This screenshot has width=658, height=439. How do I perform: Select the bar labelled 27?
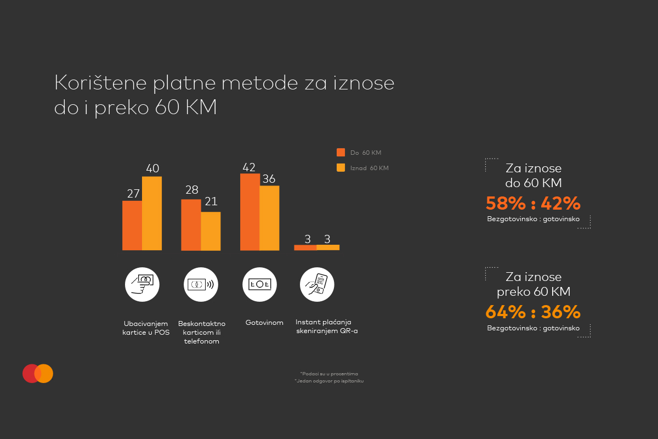pyautogui.click(x=132, y=225)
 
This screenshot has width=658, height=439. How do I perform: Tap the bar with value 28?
pyautogui.click(x=191, y=224)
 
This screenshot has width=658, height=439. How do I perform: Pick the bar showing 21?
pyautogui.click(x=211, y=231)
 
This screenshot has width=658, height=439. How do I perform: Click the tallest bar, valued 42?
pyautogui.click(x=249, y=212)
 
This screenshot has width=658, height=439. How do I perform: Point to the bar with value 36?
pyautogui.click(x=269, y=218)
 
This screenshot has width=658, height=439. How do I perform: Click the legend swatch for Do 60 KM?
pyautogui.click(x=341, y=152)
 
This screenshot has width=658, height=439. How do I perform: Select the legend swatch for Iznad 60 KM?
pyautogui.click(x=341, y=168)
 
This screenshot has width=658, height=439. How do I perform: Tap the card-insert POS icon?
pyautogui.click(x=142, y=284)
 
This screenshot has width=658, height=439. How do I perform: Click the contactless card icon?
pyautogui.click(x=201, y=284)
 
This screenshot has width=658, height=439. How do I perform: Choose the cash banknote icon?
pyautogui.click(x=259, y=284)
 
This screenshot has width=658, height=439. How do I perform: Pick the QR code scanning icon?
pyautogui.click(x=317, y=284)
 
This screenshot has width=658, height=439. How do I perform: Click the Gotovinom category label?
pyautogui.click(x=264, y=323)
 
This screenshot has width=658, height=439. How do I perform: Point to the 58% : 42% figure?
pyautogui.click(x=533, y=203)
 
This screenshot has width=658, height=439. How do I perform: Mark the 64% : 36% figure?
pyautogui.click(x=533, y=312)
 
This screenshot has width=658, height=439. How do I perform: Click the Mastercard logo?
pyautogui.click(x=38, y=373)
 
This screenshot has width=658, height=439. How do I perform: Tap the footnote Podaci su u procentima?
pyautogui.click(x=329, y=373)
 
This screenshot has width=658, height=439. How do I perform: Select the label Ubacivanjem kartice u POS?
pyautogui.click(x=146, y=328)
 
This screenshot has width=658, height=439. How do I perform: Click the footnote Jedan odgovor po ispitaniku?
pyautogui.click(x=329, y=380)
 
